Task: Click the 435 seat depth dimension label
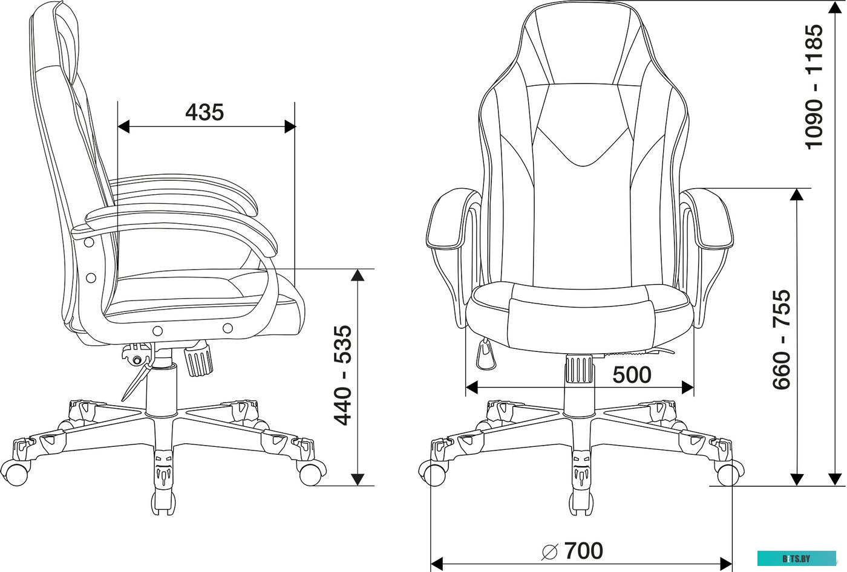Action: pos(204,112)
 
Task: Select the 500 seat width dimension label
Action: pos(632,375)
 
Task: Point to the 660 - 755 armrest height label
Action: pos(782,339)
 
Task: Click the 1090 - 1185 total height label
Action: pos(814,86)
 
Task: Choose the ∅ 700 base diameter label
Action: pos(572,551)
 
